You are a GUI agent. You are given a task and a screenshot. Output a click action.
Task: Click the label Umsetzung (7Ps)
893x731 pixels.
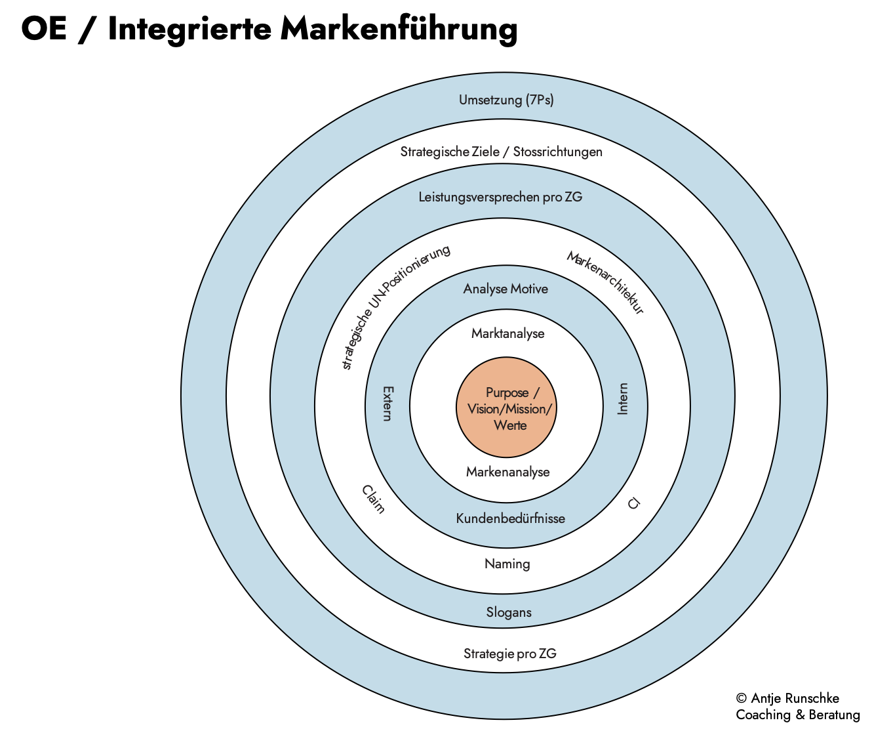(506, 100)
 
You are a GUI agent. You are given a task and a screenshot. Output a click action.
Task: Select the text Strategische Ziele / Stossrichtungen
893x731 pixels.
(502, 152)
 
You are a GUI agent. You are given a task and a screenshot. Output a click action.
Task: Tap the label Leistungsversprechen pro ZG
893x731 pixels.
(500, 197)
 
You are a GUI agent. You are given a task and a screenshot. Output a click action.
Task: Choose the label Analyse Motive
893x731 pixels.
(506, 289)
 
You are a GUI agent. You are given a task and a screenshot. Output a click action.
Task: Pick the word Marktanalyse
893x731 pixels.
(508, 333)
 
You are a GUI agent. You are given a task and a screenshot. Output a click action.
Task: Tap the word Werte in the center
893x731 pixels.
(510, 425)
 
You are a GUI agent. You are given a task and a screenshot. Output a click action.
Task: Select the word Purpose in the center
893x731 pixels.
(507, 392)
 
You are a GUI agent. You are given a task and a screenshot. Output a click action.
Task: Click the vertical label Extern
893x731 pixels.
(387, 403)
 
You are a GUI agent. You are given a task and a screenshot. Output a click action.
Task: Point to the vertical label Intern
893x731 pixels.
(623, 399)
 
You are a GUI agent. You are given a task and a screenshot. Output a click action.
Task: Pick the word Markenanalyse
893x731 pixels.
(508, 472)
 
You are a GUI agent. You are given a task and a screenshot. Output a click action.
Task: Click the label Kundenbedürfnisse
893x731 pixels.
(511, 518)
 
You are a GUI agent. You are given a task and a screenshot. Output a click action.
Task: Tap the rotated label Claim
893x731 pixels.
(373, 499)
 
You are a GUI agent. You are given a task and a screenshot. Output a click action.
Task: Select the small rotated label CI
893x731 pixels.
(633, 504)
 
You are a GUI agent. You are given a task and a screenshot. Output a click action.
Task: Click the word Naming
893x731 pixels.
(507, 564)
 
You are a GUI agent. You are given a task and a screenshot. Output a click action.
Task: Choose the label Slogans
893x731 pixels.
(509, 612)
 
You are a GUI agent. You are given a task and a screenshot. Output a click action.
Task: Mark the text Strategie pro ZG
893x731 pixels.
(510, 654)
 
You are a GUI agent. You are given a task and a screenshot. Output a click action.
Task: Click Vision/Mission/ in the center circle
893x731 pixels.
(510, 409)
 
